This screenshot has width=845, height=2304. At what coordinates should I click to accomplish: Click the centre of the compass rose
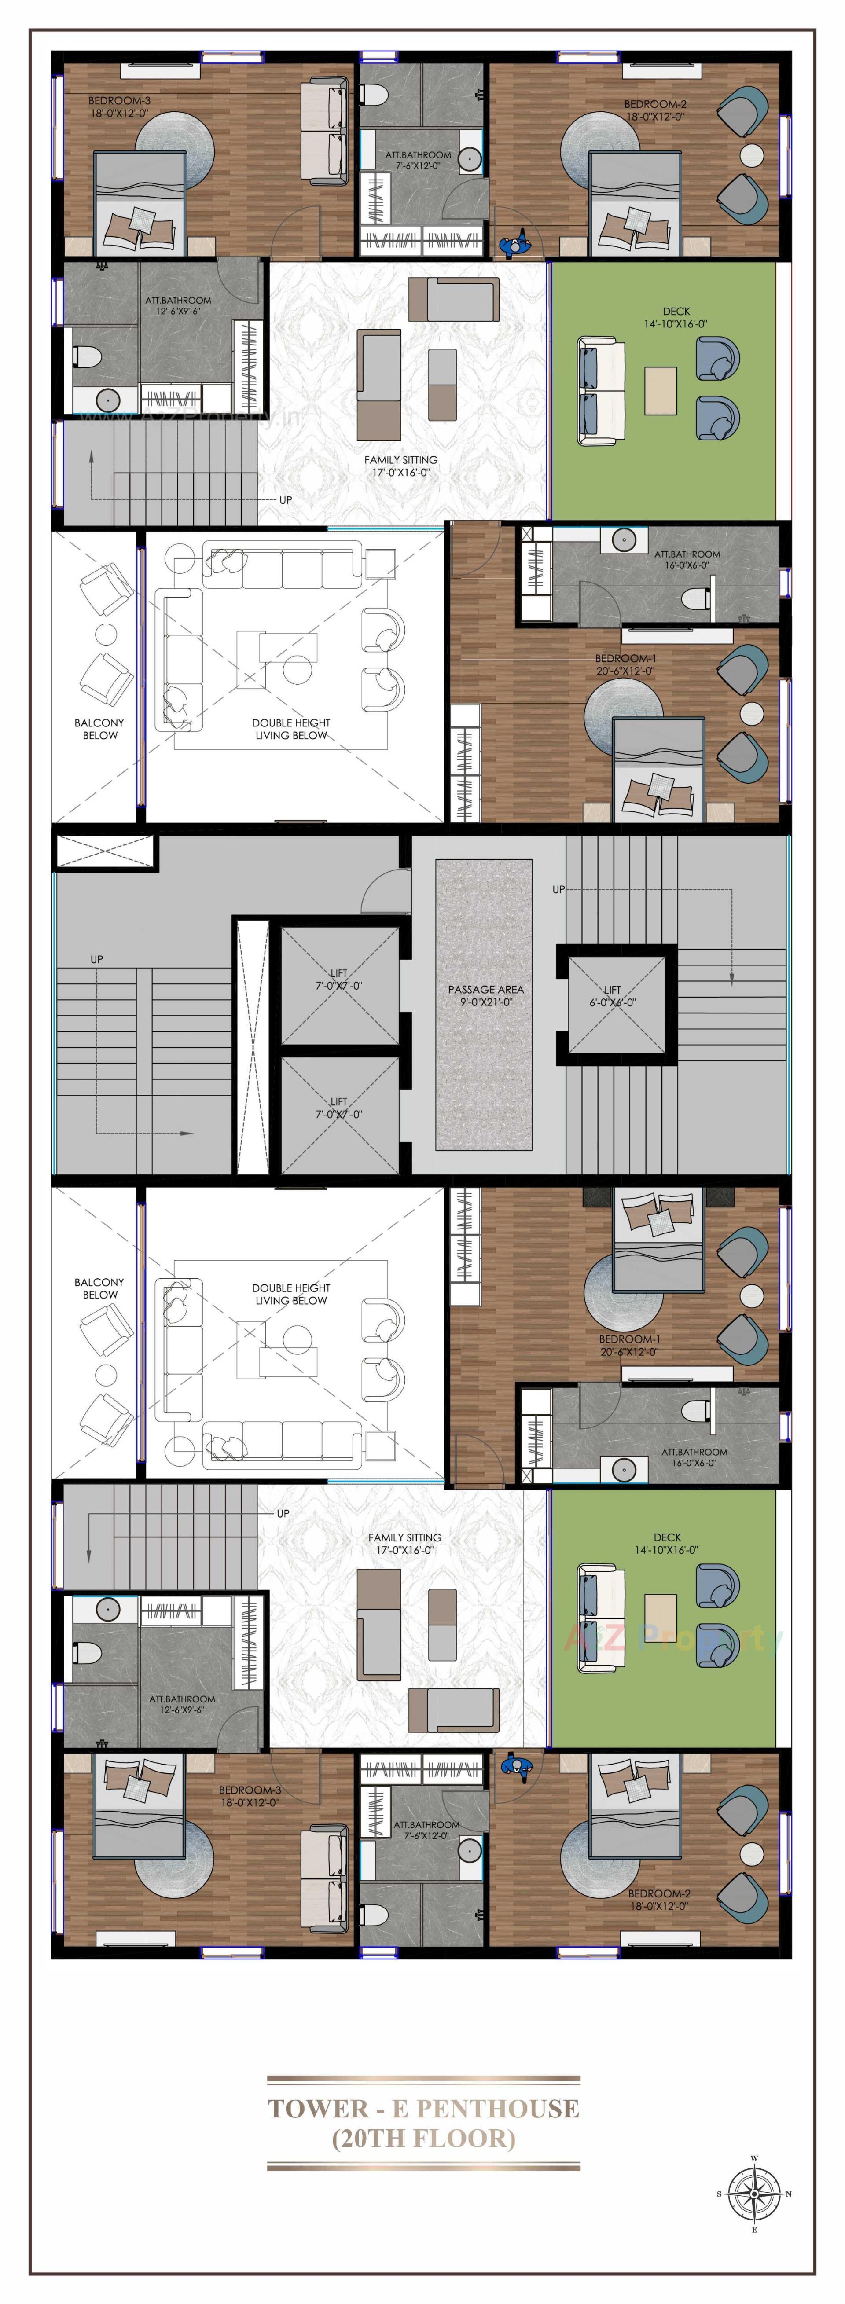tap(754, 2193)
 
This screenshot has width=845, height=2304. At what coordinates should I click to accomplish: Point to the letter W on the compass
tap(754, 2158)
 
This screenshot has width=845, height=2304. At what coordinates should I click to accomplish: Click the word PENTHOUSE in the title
tap(498, 2109)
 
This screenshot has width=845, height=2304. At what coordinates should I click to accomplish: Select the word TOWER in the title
tap(318, 2109)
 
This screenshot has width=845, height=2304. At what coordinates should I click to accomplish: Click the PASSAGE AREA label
tap(485, 989)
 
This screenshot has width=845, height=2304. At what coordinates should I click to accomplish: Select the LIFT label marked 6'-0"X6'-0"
tap(613, 990)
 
